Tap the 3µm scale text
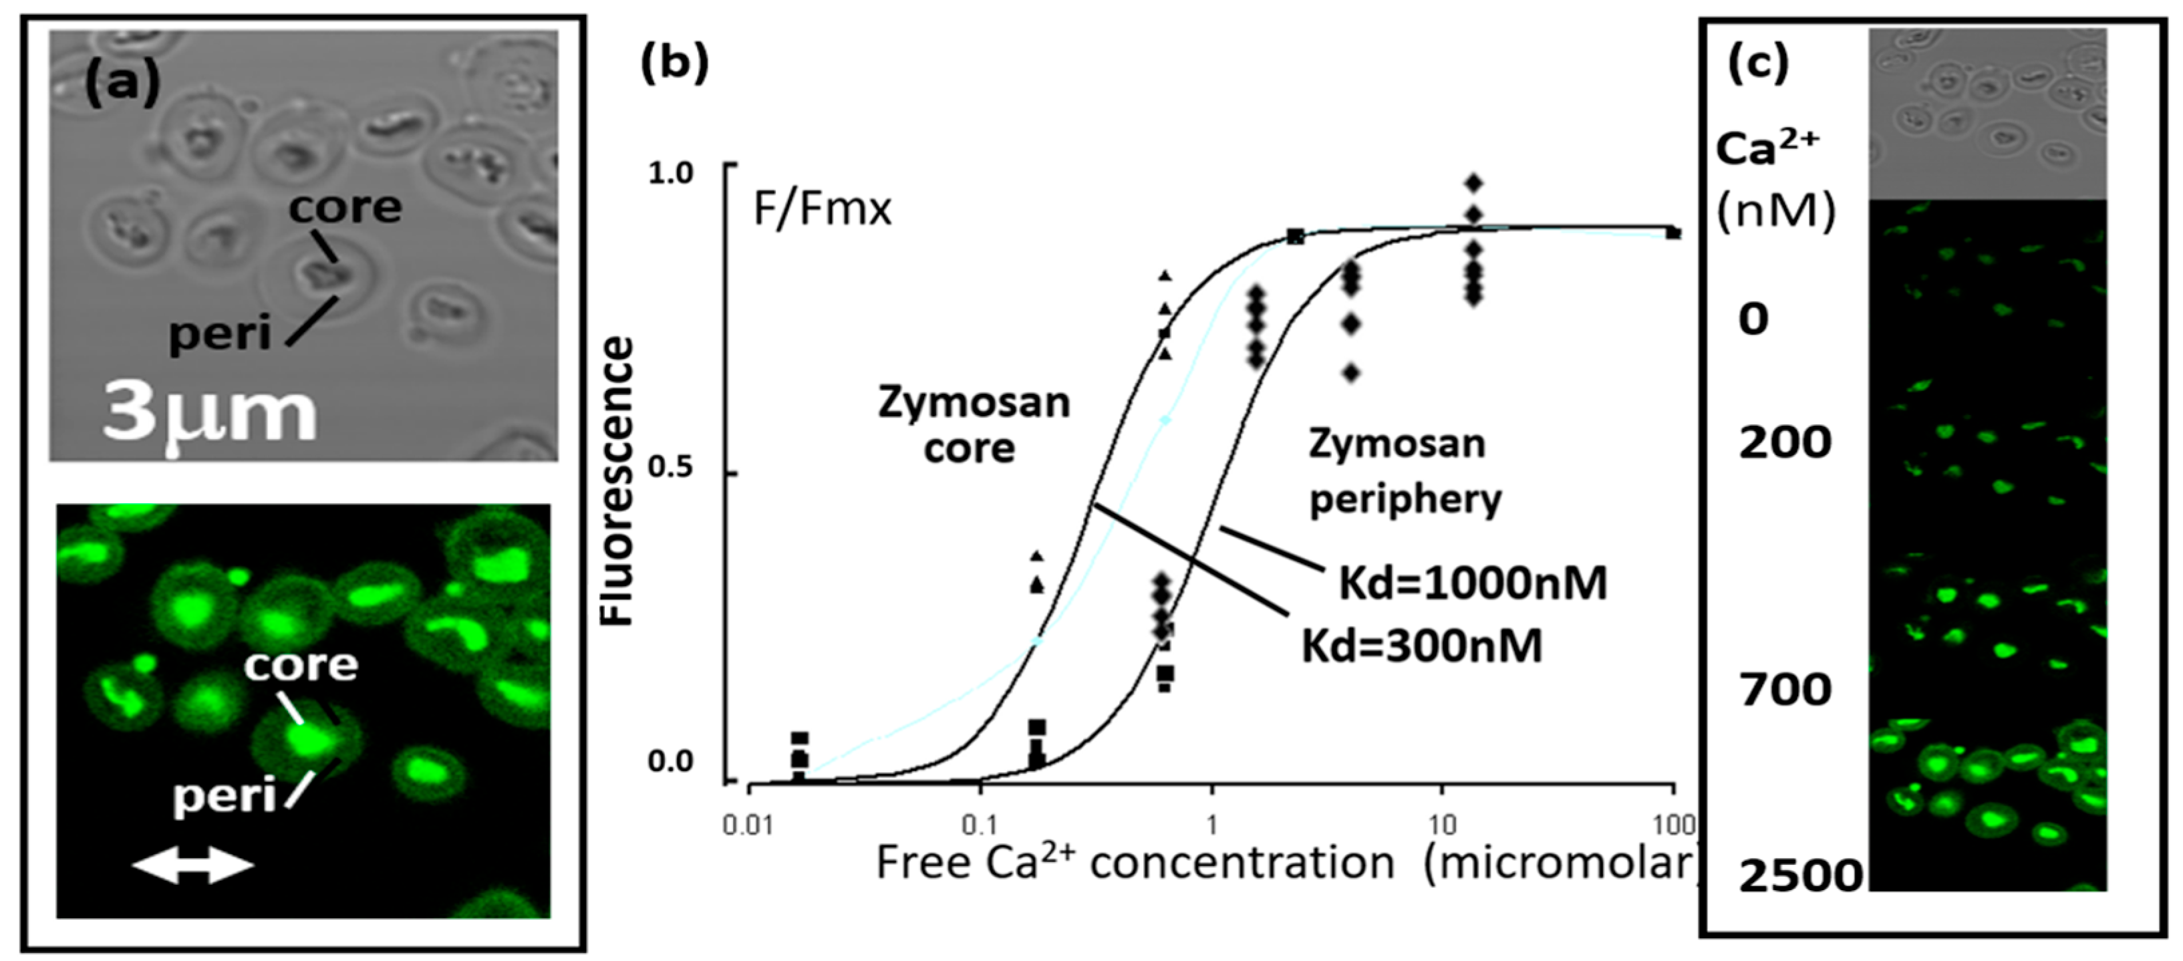(x=208, y=415)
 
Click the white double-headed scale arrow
(x=193, y=866)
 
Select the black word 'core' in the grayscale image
(x=345, y=208)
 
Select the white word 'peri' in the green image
(x=225, y=797)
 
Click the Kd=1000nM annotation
(x=1473, y=583)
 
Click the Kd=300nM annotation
(x=1421, y=646)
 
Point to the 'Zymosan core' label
(x=973, y=426)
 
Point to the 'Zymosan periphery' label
(x=1404, y=471)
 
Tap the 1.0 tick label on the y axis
(x=670, y=173)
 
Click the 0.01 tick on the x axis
(x=748, y=825)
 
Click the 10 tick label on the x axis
(x=1441, y=825)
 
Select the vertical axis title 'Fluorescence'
(x=617, y=481)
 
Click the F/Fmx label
(x=822, y=209)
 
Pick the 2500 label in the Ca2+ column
(x=1800, y=876)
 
